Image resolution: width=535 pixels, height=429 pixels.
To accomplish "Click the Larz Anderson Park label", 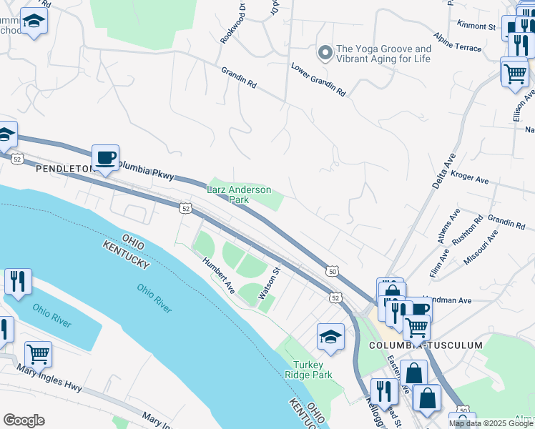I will coord(239,194).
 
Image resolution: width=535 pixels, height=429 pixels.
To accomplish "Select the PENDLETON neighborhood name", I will coord(65,169).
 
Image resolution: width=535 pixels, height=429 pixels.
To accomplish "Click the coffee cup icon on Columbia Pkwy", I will coord(106,157).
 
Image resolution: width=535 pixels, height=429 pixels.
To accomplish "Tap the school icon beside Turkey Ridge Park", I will coord(330,337).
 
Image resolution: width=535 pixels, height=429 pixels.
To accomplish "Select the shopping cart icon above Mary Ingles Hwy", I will coord(38,353).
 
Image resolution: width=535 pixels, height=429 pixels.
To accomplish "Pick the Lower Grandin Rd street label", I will coord(318,79).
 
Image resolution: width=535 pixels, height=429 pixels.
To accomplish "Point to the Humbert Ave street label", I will coord(218,275).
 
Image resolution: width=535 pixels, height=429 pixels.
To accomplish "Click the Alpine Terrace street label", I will coord(458,40).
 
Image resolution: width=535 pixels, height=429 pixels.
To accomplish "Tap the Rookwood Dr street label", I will coord(233,26).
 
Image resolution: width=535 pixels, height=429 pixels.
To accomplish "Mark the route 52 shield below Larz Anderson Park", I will coord(186,208).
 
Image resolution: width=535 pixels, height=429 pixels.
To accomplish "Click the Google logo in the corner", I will coord(24,420).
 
